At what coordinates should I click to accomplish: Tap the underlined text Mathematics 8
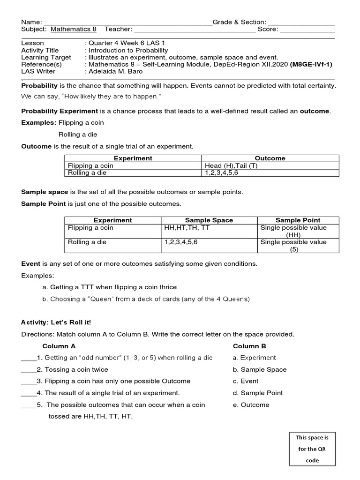click(74, 29)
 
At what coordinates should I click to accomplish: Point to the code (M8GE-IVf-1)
click(311, 64)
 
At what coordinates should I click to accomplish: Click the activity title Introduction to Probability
click(128, 50)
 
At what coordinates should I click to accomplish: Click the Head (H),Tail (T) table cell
click(231, 165)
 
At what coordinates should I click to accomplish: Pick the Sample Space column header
click(209, 220)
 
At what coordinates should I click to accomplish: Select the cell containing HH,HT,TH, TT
click(187, 228)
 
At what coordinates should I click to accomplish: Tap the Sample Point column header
click(298, 220)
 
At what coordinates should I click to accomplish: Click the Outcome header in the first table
click(270, 158)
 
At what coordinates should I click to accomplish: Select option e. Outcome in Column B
click(251, 405)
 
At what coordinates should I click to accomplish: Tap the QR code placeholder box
click(312, 449)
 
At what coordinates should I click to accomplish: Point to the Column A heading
click(59, 346)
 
